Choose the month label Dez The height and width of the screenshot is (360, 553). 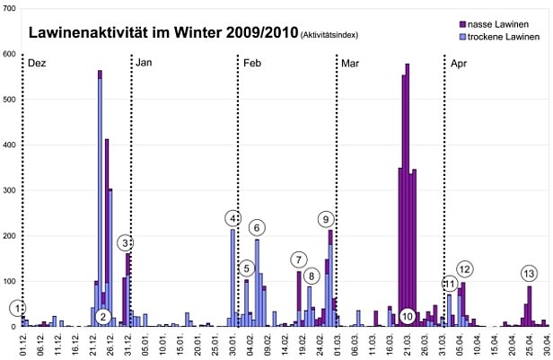[37, 64]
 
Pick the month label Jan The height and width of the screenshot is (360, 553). [145, 64]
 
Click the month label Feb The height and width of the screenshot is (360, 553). [252, 64]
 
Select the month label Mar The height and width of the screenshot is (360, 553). [350, 64]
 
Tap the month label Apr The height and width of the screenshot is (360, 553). [459, 64]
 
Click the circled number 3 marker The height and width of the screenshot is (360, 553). [126, 242]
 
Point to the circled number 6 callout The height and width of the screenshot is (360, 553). [257, 227]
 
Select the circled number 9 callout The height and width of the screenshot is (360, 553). [326, 218]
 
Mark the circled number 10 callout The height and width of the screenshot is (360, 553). [408, 316]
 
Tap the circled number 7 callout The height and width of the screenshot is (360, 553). [298, 260]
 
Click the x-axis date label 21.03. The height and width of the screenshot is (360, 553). [408, 345]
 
